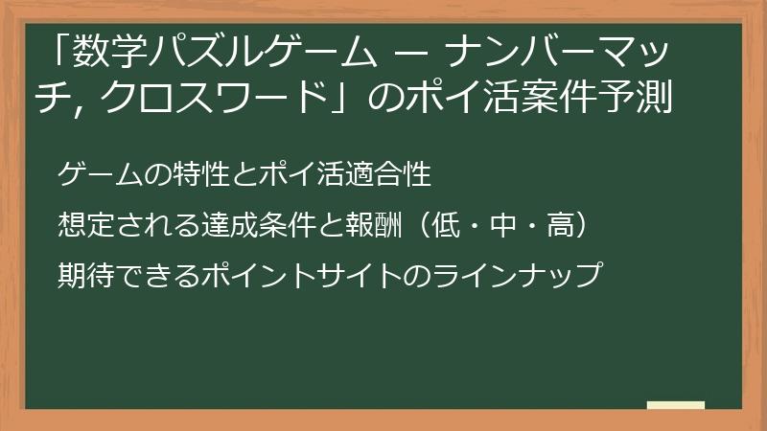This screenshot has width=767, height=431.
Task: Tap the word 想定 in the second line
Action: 81,226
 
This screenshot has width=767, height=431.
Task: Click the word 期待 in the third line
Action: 81,276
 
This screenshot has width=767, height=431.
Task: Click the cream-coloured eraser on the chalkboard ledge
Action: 675,405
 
